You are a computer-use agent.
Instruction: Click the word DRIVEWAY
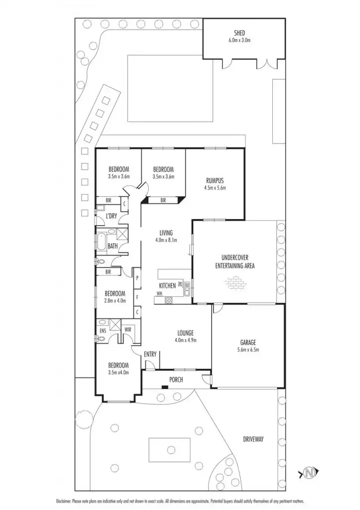[253, 439]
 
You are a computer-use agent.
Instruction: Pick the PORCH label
[175, 380]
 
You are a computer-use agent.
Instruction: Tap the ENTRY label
[150, 354]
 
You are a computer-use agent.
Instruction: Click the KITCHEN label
[167, 285]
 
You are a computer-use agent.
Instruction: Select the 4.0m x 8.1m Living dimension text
[166, 240]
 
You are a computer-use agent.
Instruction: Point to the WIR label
[127, 329]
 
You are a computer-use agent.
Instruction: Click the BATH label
[113, 246]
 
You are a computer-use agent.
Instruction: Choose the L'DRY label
[112, 216]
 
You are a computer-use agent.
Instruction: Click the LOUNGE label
[185, 333]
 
